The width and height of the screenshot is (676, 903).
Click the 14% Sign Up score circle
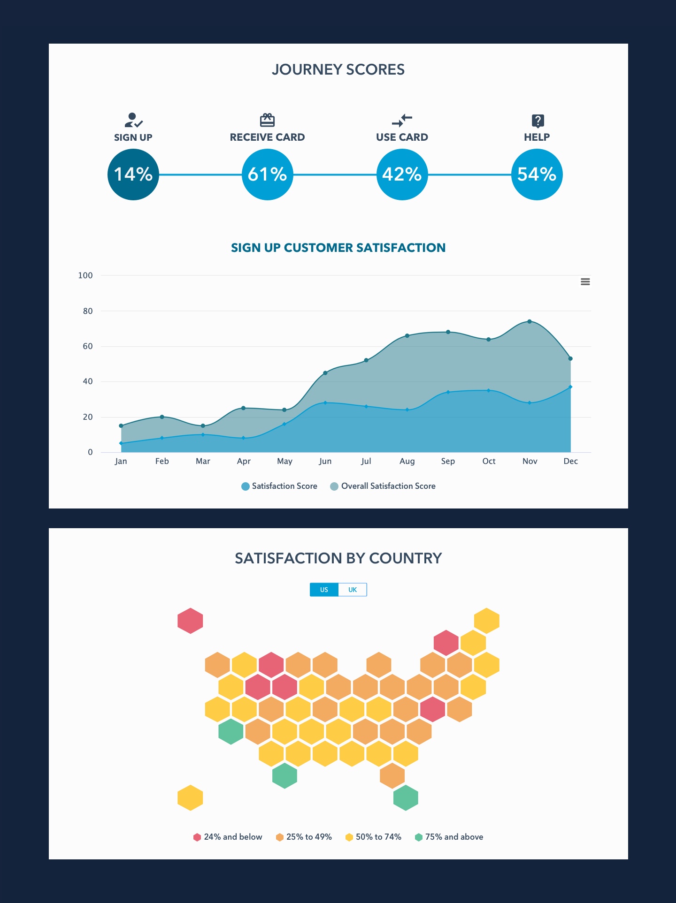133,175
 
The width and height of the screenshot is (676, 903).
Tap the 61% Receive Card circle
267,175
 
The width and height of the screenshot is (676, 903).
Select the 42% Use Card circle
402,175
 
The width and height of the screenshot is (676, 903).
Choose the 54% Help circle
537,175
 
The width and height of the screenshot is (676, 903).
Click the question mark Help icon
538,121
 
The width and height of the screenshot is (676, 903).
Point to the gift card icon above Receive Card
267,120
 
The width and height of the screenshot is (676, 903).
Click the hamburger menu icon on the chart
585,282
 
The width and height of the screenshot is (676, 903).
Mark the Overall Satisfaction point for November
530,321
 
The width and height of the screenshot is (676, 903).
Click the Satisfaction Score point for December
570,387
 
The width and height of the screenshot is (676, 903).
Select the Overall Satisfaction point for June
325,373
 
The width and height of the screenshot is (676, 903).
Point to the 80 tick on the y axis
88,311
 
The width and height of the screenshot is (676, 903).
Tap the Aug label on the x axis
407,461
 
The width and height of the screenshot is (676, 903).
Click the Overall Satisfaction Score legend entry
383,486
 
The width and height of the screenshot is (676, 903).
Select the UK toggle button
353,590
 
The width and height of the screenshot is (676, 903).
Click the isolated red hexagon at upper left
190,621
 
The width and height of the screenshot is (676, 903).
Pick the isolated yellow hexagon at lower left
190,797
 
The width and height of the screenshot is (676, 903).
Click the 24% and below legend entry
228,837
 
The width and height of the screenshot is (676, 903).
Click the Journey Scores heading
338,69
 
